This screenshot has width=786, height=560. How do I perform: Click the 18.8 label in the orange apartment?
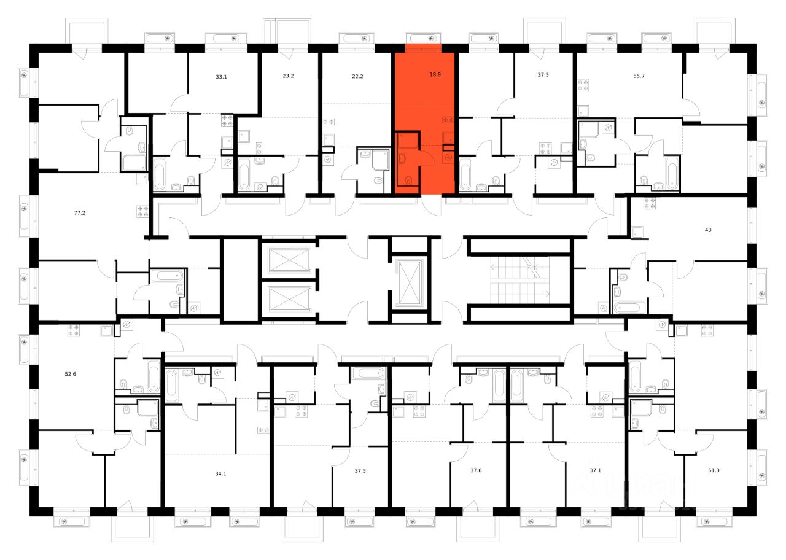(435, 74)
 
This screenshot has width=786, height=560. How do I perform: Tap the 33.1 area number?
(222, 77)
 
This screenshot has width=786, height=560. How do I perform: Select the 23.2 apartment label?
(288, 77)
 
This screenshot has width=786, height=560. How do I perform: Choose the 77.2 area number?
(79, 214)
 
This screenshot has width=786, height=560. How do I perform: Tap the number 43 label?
(708, 230)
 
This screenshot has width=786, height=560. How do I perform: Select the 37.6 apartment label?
(476, 470)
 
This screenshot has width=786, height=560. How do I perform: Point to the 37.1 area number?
(594, 470)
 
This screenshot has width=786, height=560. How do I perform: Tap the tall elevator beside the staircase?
(408, 282)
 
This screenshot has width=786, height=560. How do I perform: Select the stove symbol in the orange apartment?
(448, 119)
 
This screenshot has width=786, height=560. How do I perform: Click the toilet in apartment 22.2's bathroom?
(378, 180)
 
